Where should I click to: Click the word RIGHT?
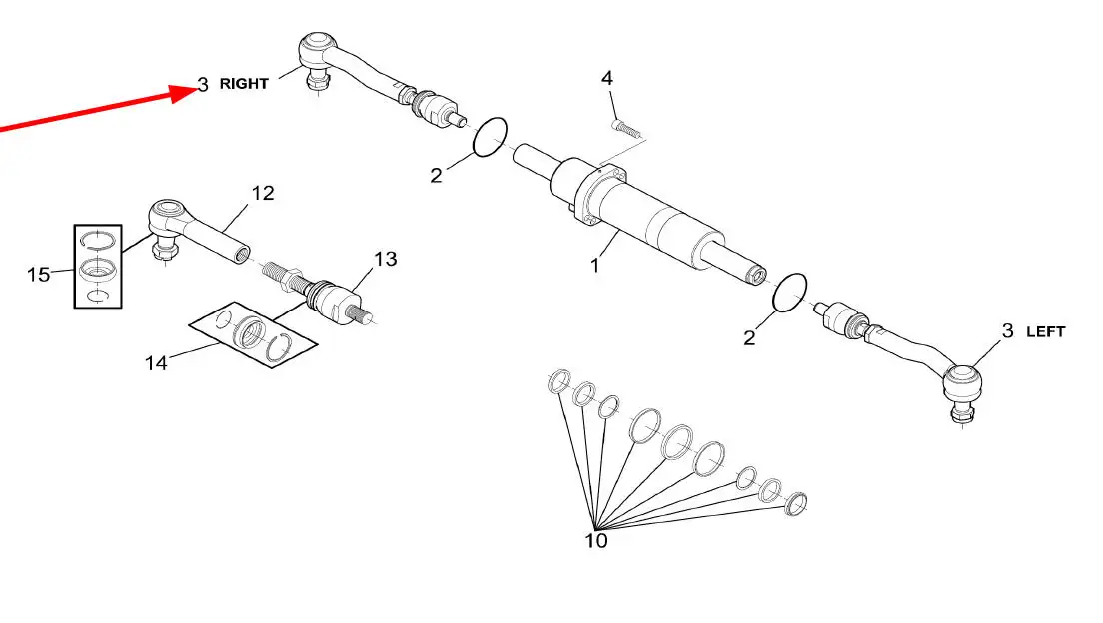click(244, 84)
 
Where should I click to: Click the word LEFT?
click(1045, 331)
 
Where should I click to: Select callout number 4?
click(607, 78)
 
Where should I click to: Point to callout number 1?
click(595, 266)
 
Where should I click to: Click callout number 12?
click(263, 193)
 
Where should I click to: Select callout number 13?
click(385, 259)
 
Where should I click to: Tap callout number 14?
click(156, 362)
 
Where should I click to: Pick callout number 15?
click(39, 274)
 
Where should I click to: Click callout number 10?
click(595, 541)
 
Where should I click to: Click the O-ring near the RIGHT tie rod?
click(490, 137)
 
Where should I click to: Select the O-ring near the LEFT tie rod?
click(789, 293)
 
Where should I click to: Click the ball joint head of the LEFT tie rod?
click(961, 384)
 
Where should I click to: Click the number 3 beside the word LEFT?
click(1007, 331)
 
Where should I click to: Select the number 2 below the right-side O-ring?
click(749, 338)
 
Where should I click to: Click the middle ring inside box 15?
click(98, 268)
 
